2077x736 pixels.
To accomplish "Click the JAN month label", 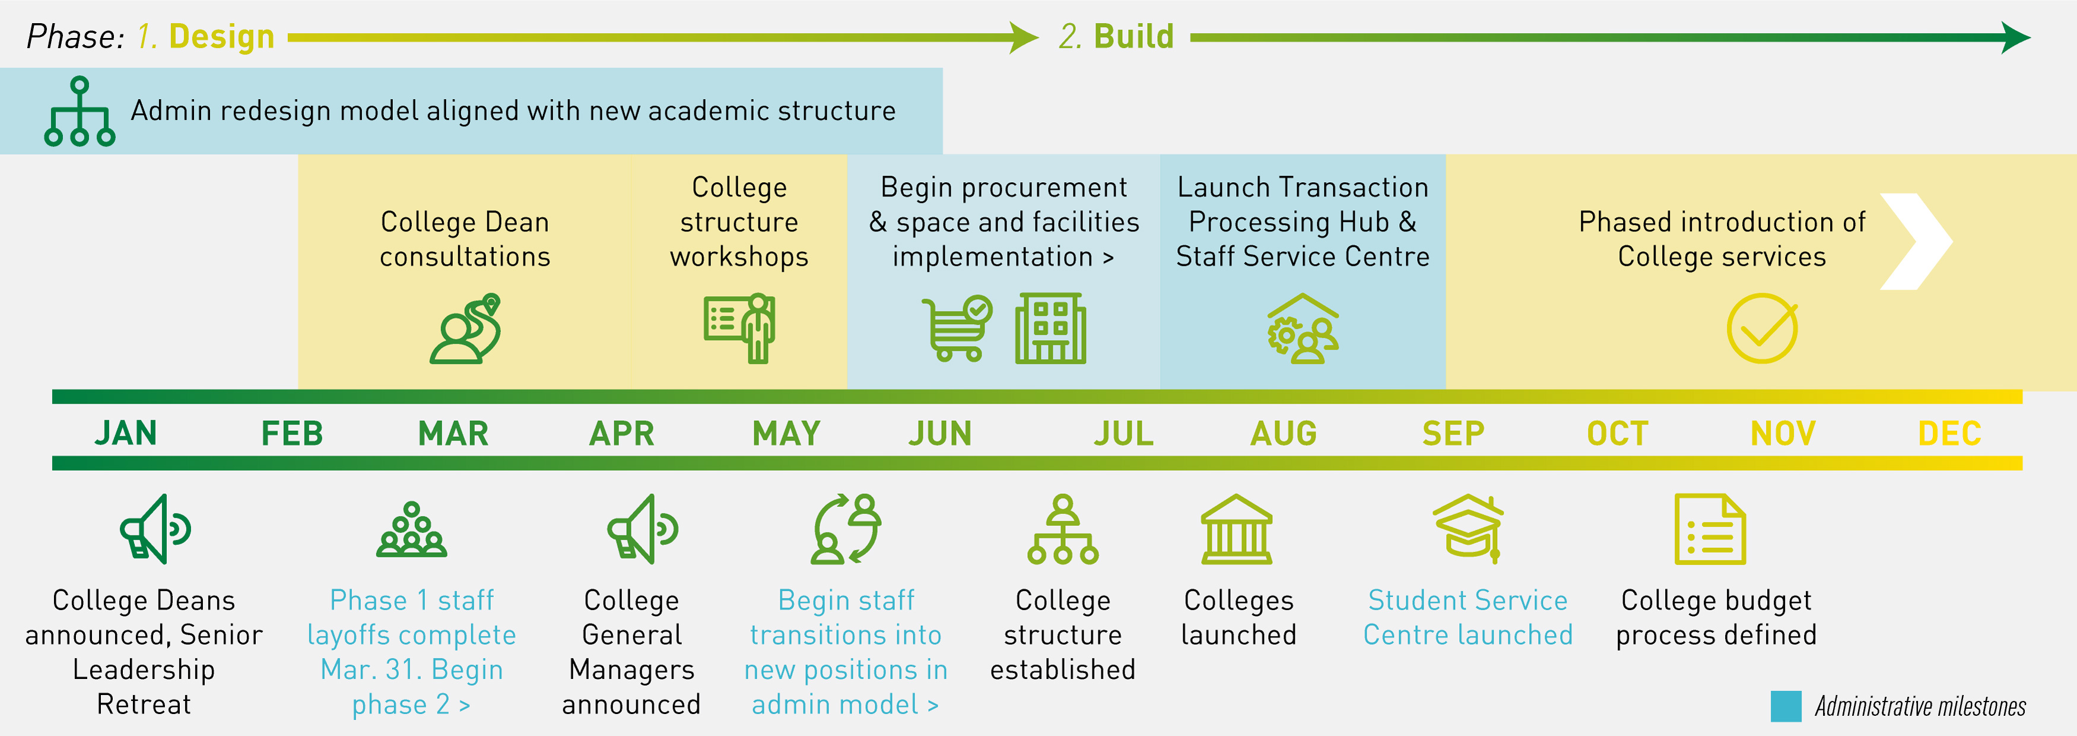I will click(126, 434).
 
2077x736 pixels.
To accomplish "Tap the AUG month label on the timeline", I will click(1283, 434).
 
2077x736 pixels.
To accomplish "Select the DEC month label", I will click(1949, 434).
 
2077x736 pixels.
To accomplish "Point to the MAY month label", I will click(786, 434).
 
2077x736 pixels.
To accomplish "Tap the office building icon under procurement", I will click(1050, 328).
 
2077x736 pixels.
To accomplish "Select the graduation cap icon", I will click(1468, 528).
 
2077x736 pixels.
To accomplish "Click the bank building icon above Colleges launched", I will click(1236, 529).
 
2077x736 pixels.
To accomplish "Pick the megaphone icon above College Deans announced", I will click(155, 529).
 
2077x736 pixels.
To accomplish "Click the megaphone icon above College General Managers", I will click(642, 529).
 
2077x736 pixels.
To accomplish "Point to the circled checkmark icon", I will click(1762, 328).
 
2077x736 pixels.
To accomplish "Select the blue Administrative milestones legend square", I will click(1786, 706).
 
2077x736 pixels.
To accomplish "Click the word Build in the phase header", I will click(1133, 37).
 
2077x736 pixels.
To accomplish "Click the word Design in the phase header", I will click(222, 37).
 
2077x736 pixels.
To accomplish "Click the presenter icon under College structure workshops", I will click(739, 327).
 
